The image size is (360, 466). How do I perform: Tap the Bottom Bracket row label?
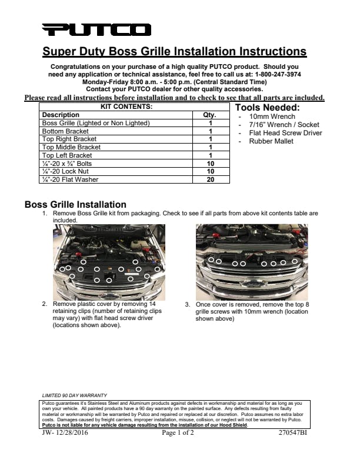pos(65,131)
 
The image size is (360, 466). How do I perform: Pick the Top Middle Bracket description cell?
pos(71,147)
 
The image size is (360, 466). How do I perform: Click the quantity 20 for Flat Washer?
pos(210,179)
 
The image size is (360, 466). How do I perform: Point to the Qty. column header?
pos(210,115)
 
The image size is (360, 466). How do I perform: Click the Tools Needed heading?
pos(267,108)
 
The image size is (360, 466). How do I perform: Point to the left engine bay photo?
pos(109,262)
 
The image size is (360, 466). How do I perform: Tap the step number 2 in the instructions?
pos(45,304)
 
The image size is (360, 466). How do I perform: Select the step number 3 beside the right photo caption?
pos(187,305)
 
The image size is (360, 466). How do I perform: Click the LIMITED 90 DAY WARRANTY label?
pos(75,395)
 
